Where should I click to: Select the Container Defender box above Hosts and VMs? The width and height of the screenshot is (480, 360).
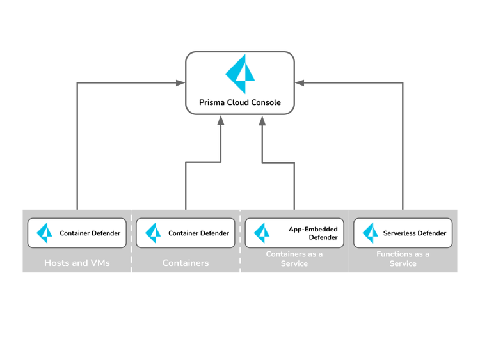point(77,233)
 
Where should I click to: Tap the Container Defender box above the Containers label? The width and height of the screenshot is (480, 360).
point(186,233)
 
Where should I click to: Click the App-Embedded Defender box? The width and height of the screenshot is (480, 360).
point(294,233)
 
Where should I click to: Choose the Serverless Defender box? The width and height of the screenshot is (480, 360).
point(403,233)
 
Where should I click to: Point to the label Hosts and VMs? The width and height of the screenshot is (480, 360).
point(77,263)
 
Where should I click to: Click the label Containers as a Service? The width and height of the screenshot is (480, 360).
point(294,259)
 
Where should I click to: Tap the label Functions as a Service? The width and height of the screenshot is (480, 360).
point(403,259)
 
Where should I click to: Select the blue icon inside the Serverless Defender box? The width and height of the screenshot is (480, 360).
point(371,233)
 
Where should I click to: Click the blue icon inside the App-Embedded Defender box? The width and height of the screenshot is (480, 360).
point(262,233)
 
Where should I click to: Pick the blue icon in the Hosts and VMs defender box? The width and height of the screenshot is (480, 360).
point(44,233)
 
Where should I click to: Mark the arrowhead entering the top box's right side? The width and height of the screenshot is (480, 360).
point(300,82)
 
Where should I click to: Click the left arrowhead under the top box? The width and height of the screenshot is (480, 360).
point(220,120)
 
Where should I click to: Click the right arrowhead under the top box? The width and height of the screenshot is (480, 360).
point(261,120)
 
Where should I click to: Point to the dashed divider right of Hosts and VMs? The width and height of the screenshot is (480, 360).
point(131,241)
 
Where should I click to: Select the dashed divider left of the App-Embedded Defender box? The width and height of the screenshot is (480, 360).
point(240,241)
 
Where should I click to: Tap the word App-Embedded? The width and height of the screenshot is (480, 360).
point(313,229)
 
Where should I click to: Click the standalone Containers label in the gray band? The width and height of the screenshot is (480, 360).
point(186,263)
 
